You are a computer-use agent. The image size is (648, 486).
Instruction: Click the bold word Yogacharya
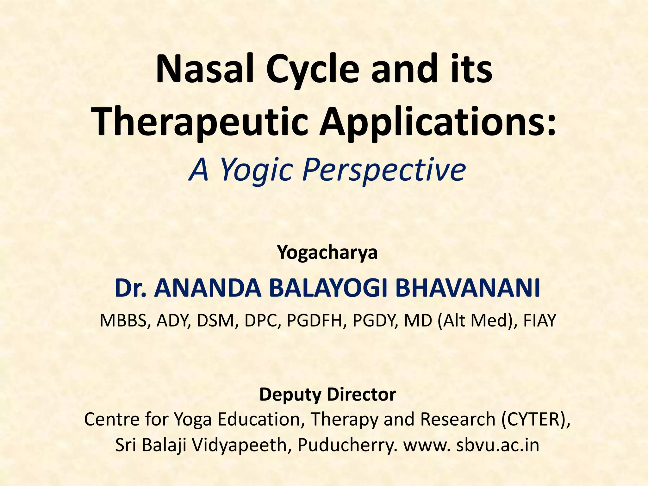327,252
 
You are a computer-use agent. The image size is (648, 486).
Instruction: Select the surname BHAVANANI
468,289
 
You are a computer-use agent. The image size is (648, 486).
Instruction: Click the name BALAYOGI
329,289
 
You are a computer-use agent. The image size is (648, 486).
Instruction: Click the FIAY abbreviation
539,321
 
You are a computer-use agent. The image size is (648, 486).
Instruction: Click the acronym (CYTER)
536,419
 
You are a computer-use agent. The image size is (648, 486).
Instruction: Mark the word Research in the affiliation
457,419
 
